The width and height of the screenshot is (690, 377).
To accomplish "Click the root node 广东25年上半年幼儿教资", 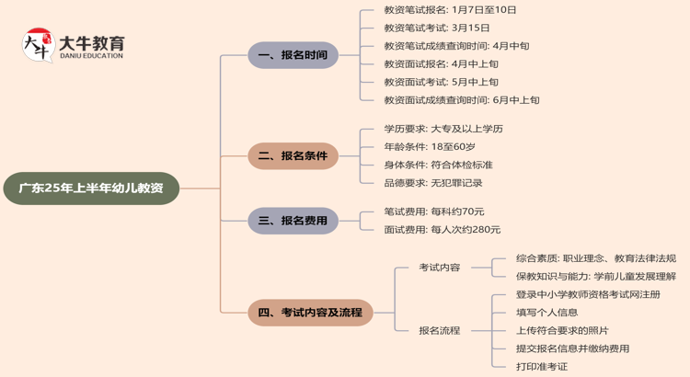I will (x=91, y=188).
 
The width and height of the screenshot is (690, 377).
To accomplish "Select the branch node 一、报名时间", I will (x=293, y=55).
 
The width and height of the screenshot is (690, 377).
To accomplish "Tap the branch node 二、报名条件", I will (x=293, y=156).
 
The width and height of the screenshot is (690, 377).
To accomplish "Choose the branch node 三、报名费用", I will (x=293, y=221).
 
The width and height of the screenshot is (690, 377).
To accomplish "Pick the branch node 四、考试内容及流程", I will (x=310, y=313).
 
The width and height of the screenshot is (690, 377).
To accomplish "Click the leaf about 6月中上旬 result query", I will (x=461, y=99).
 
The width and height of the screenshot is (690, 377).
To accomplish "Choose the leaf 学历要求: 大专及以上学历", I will (x=443, y=129).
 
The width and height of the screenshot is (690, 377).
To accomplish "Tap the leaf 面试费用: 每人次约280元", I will (x=442, y=230).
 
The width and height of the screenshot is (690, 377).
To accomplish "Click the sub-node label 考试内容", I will (x=439, y=268).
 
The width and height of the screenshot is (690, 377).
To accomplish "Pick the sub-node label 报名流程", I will (x=439, y=330).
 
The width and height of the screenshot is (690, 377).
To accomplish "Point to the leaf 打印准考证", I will (x=541, y=366).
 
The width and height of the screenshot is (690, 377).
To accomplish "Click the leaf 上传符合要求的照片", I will (x=561, y=330).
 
